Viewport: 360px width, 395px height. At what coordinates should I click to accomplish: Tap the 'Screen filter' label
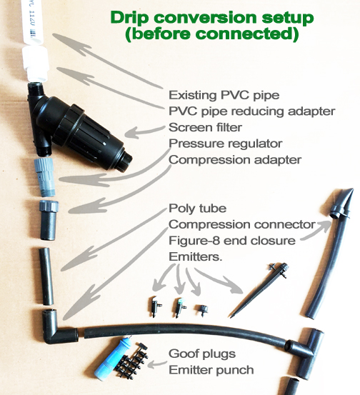(x=205, y=127)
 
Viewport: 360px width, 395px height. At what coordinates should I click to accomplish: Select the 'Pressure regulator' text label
(x=226, y=144)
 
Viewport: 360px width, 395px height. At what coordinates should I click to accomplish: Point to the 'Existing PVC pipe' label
(x=224, y=95)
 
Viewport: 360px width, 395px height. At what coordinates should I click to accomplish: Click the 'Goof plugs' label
(x=202, y=354)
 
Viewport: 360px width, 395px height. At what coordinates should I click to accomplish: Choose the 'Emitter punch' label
(x=211, y=370)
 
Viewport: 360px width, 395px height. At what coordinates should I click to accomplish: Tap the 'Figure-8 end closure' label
(x=232, y=241)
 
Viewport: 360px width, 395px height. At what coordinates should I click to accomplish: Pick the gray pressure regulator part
(x=45, y=177)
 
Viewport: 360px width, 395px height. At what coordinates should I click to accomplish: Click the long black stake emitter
(x=259, y=290)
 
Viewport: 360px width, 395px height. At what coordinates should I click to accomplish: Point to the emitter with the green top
(x=179, y=307)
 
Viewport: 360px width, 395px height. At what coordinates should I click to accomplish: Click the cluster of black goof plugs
(x=132, y=360)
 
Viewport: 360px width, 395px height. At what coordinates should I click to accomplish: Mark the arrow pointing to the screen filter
(x=144, y=131)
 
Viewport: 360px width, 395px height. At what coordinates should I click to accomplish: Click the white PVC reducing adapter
(x=35, y=63)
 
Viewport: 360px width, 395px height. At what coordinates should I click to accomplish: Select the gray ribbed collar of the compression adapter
(x=49, y=206)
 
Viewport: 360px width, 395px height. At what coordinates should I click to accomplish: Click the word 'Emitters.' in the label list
(x=196, y=256)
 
